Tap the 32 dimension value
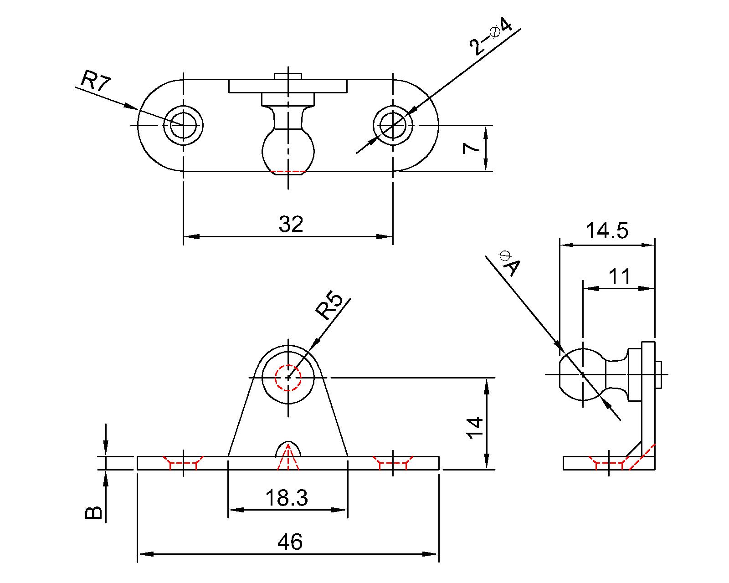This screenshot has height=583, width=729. [291, 225]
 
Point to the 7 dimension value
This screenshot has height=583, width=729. [471, 148]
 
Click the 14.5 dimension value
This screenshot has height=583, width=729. [606, 230]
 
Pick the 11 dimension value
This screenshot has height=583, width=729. [620, 276]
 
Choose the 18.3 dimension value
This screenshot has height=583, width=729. [287, 498]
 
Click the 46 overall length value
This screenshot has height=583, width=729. [290, 542]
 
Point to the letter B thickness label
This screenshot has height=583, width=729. [93, 512]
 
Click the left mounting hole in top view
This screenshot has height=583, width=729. [184, 125]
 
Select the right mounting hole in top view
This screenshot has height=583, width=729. [393, 125]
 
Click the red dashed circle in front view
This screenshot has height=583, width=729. [288, 378]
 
